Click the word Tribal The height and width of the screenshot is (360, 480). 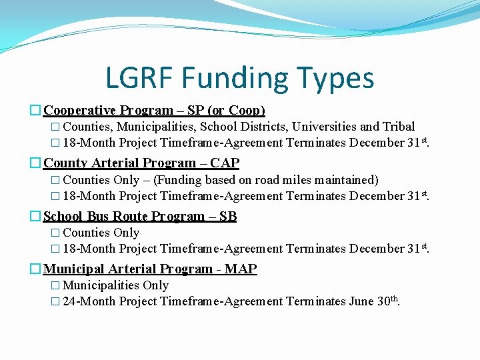(x=399, y=127)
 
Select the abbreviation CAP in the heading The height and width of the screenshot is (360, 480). (x=224, y=163)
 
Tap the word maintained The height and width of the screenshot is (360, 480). (x=344, y=180)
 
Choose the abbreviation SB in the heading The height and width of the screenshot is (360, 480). (x=227, y=216)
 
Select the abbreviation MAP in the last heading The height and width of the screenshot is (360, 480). (x=241, y=269)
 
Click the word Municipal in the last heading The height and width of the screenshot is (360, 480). (x=73, y=269)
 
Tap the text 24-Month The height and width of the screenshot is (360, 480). (x=89, y=301)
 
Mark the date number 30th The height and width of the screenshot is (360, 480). (x=387, y=301)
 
